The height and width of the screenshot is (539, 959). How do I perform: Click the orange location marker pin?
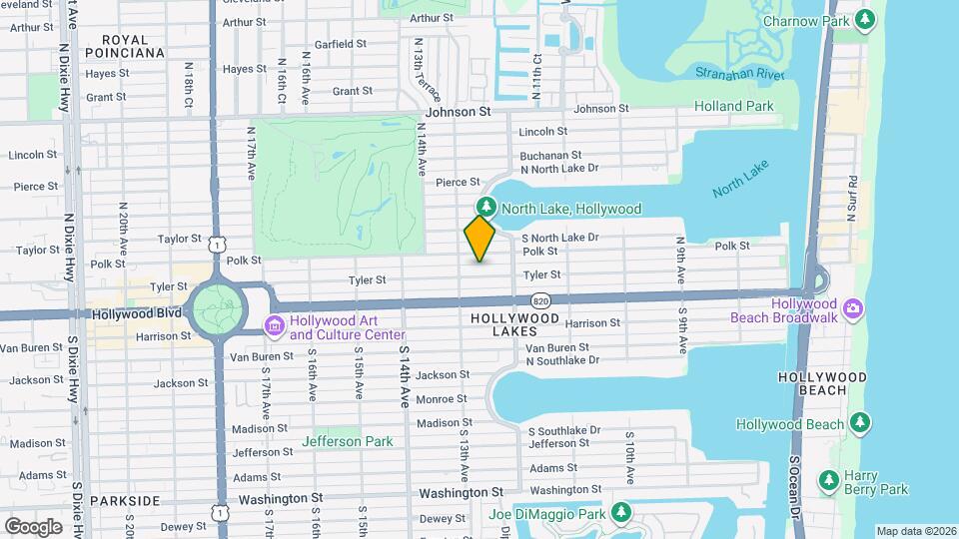click(x=479, y=239)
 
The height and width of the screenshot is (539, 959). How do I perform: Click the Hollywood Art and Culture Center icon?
click(x=274, y=326)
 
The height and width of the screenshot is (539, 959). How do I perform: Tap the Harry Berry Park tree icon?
click(x=828, y=482)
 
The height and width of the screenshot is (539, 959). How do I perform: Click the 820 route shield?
click(x=540, y=300)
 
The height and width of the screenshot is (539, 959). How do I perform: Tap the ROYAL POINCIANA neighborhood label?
click(x=125, y=45)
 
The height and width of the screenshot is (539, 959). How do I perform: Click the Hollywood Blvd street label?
click(x=136, y=313)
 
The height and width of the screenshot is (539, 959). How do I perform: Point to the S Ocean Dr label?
click(x=796, y=489)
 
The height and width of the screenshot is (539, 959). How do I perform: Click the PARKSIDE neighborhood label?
click(x=125, y=500)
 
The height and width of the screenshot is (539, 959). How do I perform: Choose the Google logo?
click(x=33, y=526)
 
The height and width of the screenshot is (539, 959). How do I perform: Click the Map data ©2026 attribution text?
click(x=915, y=531)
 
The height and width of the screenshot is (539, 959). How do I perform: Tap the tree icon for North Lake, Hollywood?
click(x=486, y=208)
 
